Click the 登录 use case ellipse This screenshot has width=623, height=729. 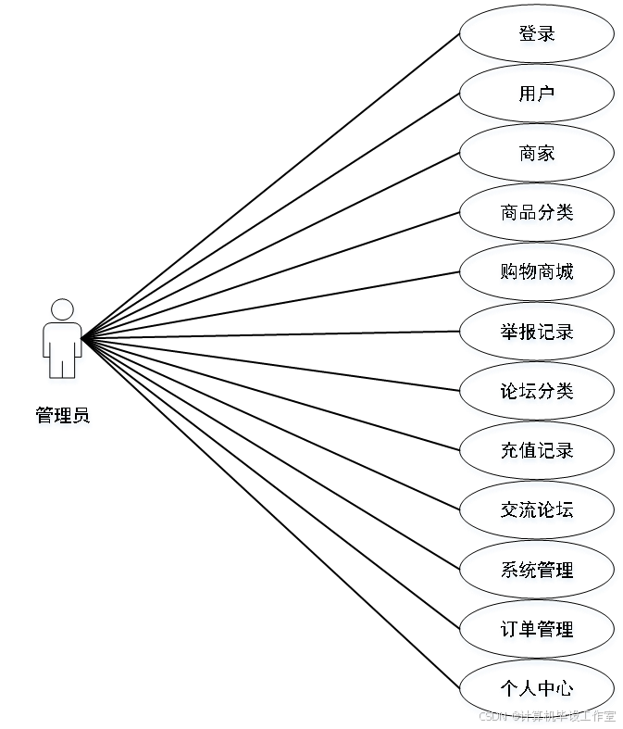coord(537,36)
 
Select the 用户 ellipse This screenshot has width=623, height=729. coord(537,95)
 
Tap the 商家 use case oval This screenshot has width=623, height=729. coord(537,155)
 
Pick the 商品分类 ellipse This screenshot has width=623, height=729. coord(537,215)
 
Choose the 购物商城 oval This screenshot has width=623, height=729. coord(537,274)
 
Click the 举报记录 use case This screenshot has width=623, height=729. coord(537,333)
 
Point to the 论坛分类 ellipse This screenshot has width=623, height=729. coord(537,393)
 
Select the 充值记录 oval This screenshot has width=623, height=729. coord(537,452)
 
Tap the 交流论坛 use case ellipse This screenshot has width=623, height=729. coord(537,511)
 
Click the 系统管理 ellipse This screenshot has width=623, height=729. coord(537,572)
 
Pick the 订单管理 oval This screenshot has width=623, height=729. coord(537,631)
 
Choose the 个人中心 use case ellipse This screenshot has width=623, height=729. coord(537,690)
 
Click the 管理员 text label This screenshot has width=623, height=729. coord(63,417)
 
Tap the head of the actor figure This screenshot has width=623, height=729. coord(63,309)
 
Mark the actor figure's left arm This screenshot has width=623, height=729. coord(45,347)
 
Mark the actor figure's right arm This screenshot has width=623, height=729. coord(81,347)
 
